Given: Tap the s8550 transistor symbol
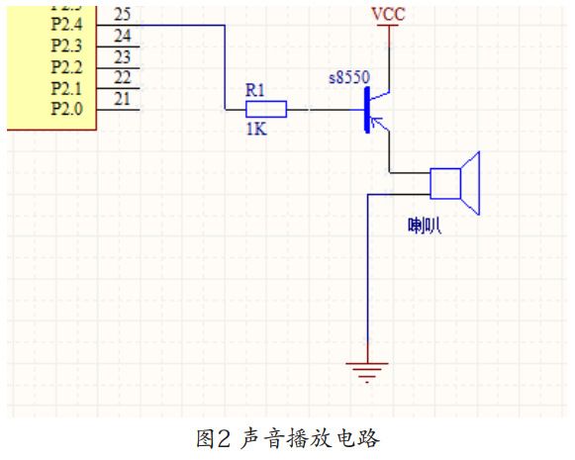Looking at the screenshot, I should [x=374, y=110].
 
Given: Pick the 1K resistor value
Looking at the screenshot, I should [x=257, y=128].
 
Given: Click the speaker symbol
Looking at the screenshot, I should [x=455, y=183].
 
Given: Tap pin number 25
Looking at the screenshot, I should [x=122, y=14].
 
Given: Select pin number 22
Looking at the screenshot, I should [x=122, y=77].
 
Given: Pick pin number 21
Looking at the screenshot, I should [x=122, y=97].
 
